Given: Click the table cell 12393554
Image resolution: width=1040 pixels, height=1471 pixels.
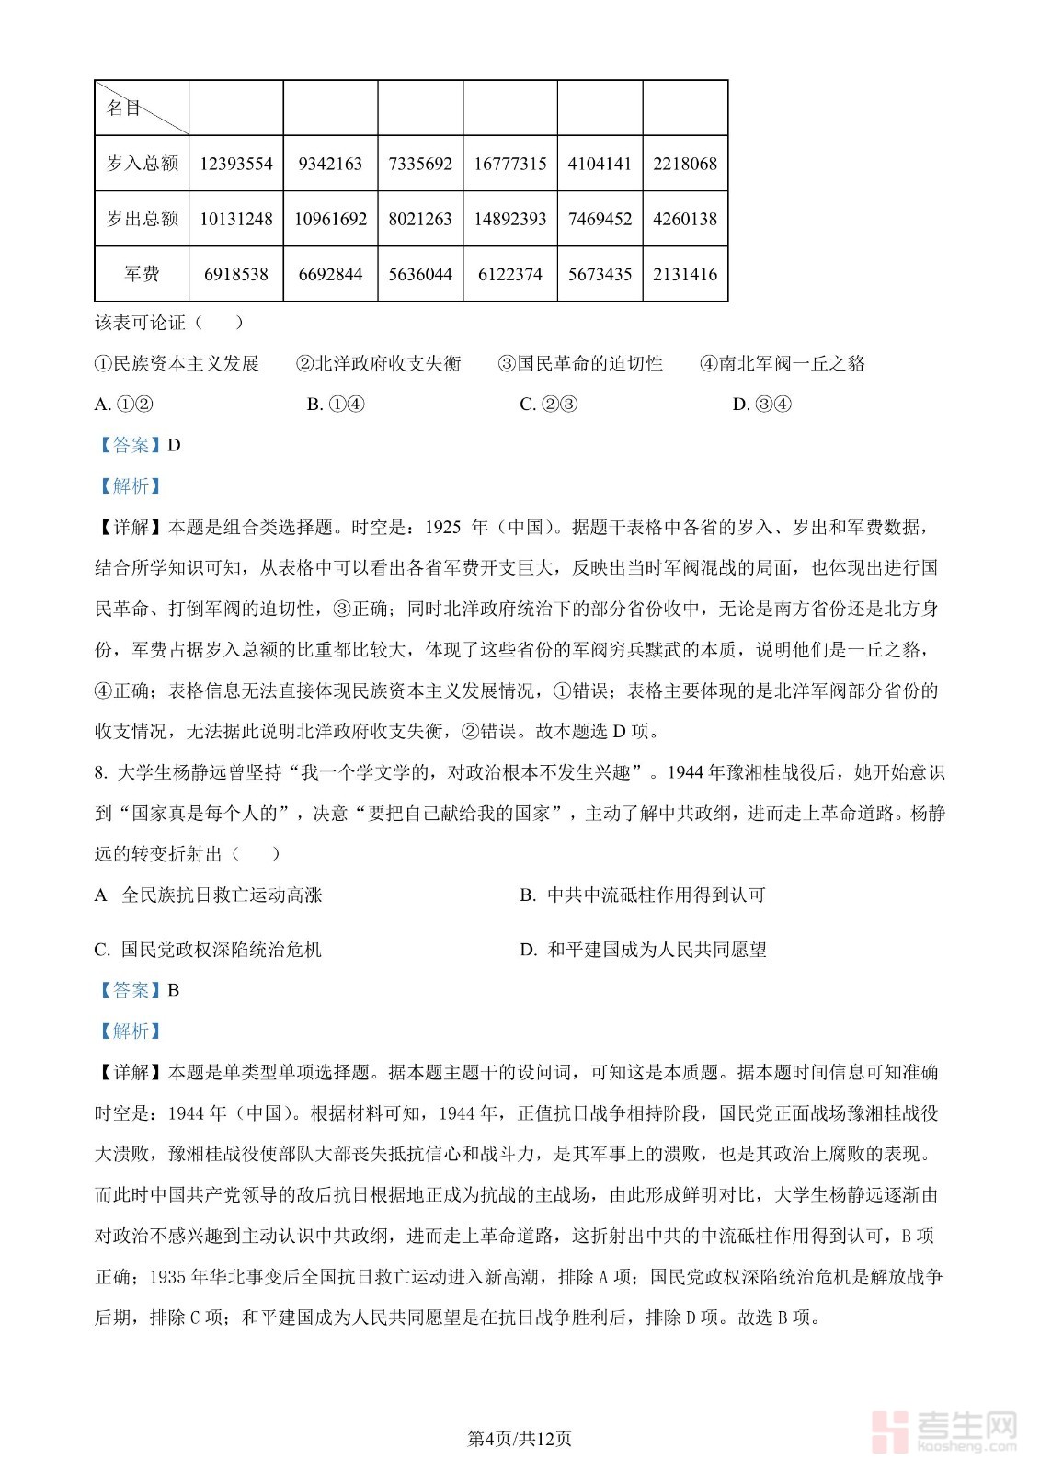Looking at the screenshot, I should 236,164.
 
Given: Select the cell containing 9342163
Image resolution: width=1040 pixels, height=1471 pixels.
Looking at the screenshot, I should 330,164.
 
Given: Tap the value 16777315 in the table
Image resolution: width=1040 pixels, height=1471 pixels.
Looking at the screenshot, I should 510,164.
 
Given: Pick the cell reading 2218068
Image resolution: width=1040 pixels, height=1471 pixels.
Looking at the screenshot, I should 685,164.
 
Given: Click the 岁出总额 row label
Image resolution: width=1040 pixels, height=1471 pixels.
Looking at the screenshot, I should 143,219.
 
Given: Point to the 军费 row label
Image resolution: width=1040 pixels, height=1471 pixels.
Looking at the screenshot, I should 143,274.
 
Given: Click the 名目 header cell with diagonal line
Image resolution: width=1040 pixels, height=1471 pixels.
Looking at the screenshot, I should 143,108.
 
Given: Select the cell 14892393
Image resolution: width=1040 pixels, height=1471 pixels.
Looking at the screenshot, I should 510,219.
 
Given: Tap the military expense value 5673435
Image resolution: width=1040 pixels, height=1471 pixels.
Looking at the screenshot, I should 600,274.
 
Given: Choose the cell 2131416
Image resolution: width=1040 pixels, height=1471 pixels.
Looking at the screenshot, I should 685,274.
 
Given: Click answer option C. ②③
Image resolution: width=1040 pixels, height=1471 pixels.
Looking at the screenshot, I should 549,405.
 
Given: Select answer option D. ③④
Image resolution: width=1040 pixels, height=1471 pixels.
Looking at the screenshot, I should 762,405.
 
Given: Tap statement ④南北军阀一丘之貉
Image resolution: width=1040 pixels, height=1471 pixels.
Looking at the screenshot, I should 783,364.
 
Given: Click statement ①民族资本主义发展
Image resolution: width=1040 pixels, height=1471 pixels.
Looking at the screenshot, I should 177,364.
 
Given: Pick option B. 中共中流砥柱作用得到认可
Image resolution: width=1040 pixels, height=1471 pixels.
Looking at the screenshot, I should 643,895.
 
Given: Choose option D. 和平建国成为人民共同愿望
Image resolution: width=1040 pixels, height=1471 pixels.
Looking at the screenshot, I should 643,950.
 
